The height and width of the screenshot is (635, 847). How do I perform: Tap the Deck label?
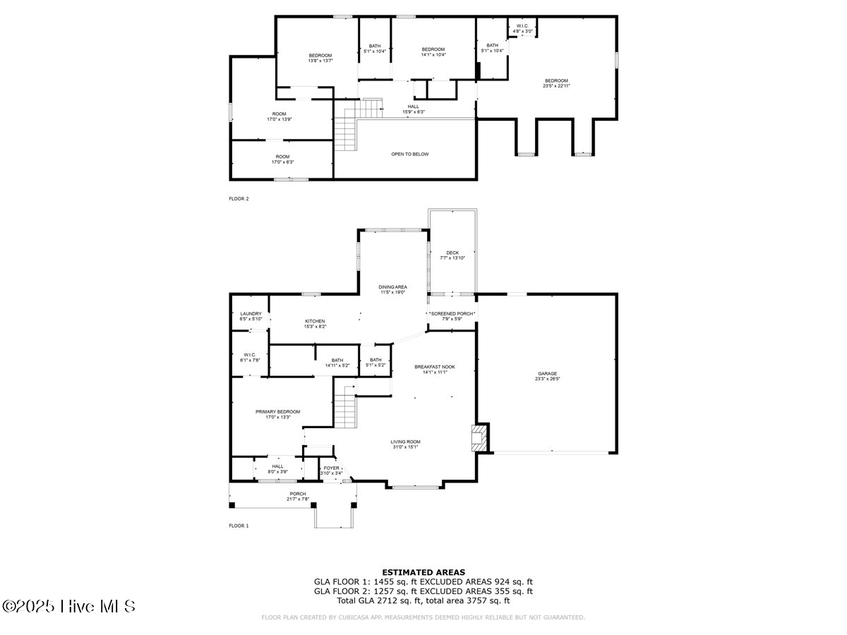click(452, 255)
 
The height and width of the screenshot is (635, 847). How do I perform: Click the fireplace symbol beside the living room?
click(479, 437)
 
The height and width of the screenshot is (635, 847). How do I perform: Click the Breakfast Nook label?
click(434, 369)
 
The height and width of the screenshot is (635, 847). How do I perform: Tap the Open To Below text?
click(409, 154)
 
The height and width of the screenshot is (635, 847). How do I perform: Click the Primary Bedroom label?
click(277, 414)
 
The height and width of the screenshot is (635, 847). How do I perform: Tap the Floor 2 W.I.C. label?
click(523, 28)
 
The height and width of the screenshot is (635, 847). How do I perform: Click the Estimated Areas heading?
click(423, 572)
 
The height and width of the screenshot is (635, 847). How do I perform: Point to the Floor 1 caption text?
click(239, 526)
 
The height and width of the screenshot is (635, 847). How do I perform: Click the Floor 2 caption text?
click(239, 199)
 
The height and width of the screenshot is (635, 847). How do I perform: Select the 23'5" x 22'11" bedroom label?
click(555, 83)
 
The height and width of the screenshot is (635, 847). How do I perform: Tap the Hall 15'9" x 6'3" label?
click(413, 109)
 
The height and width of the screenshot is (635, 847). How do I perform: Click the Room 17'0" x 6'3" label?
click(282, 159)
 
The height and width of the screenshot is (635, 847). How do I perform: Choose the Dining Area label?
click(392, 289)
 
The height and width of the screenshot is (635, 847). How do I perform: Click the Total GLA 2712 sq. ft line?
click(423, 600)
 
